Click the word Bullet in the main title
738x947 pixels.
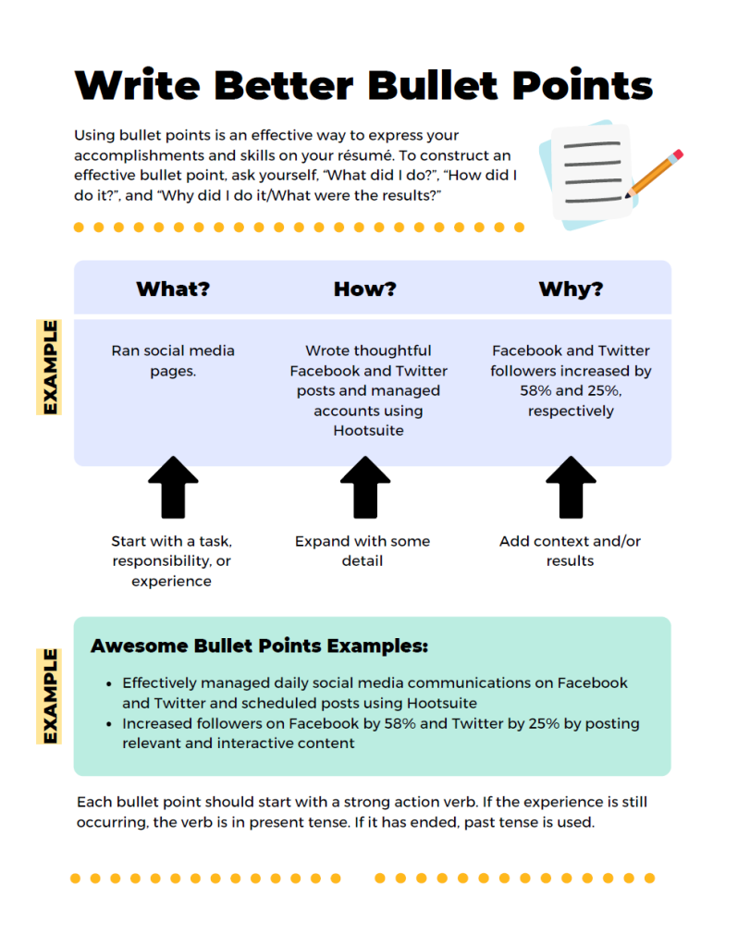[x=433, y=85]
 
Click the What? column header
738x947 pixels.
[x=173, y=289]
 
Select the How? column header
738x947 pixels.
[x=364, y=289]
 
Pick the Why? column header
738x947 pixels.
[x=571, y=289]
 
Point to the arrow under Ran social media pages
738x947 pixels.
[x=173, y=487]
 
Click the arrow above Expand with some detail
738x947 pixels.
[x=365, y=487]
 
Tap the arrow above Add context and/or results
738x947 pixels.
[x=571, y=487]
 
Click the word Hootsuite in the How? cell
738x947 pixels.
[x=368, y=431]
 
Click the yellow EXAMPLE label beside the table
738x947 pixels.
[x=49, y=367]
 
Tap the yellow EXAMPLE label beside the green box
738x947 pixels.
[x=49, y=695]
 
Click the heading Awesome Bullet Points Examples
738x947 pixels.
[x=259, y=646]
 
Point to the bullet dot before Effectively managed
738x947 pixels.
[x=109, y=684]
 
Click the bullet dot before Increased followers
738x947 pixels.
[x=109, y=724]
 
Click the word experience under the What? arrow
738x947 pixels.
[x=171, y=581]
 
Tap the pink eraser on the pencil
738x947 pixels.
[x=678, y=154]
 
